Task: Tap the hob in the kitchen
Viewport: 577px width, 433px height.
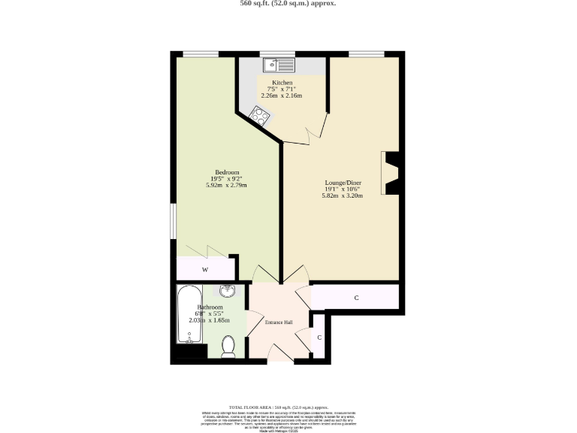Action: tap(260, 115)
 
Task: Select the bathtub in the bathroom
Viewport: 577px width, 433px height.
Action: tap(188, 313)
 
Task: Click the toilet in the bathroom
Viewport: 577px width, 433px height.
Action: tap(229, 346)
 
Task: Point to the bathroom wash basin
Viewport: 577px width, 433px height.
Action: tap(228, 291)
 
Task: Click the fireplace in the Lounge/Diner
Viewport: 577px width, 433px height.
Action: tap(391, 174)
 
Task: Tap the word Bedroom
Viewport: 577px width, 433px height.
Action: tap(226, 171)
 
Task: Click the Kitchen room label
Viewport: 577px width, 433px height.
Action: tap(282, 83)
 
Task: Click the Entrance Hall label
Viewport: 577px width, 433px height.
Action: tap(278, 322)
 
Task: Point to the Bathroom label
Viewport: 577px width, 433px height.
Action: tap(210, 307)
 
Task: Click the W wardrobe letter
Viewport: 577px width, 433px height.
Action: tap(204, 270)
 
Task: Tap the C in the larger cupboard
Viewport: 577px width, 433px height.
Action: tap(356, 298)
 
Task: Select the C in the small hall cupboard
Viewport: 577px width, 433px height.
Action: tap(319, 338)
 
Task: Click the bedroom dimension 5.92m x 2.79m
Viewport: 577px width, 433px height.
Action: tap(226, 185)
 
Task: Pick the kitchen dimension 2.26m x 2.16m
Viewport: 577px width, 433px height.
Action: tap(282, 96)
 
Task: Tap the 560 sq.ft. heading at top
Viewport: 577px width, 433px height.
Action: tap(288, 4)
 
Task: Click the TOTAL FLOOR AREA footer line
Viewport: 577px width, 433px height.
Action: tap(288, 406)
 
